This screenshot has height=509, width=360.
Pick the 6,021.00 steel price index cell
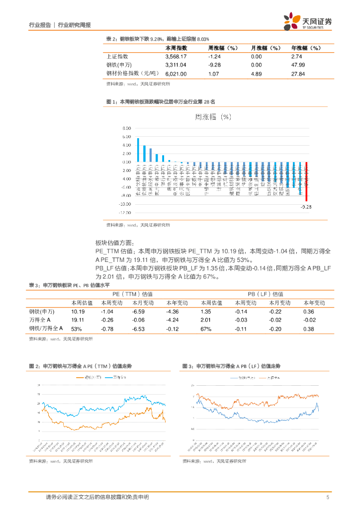176,74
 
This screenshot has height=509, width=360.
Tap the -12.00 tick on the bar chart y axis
125,212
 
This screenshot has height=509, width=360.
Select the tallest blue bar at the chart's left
138,150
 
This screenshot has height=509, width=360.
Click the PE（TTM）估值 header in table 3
134,294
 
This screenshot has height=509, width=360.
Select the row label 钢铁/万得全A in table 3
46,329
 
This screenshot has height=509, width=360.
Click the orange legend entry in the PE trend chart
89,378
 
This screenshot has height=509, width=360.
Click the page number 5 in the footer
328,497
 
